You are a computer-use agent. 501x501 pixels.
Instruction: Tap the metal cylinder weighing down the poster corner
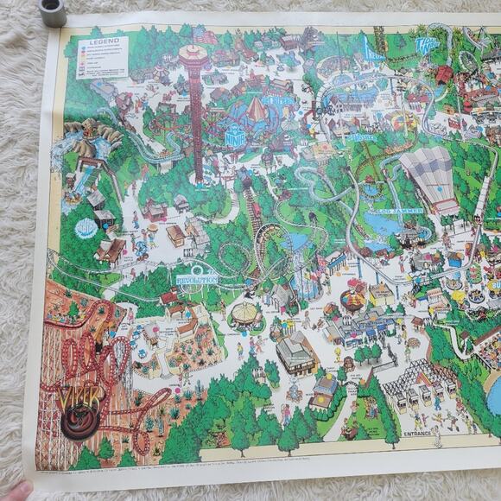click(54, 12)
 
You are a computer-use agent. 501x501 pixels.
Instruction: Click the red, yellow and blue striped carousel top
click(352, 299)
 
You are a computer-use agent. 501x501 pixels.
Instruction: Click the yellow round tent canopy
click(244, 311)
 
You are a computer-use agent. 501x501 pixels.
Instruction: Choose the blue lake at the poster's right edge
click(495, 394)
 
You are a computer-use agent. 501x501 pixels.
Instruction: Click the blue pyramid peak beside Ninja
click(257, 108)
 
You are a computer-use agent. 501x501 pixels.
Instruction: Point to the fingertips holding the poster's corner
click(13, 491)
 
